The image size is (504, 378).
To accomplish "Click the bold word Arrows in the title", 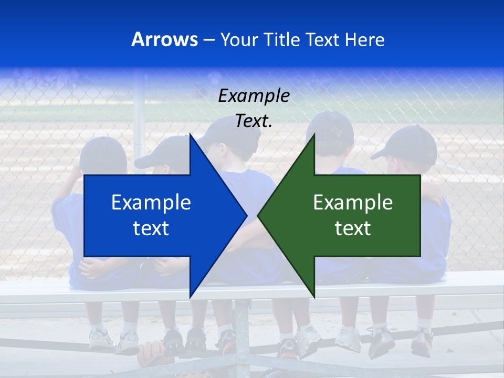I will pos(164,39).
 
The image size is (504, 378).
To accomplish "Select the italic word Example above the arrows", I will pos(254,96).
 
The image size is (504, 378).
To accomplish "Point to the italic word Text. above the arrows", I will pos(254,121).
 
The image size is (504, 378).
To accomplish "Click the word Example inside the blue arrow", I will pos(151,202).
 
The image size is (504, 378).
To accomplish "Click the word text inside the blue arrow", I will pos(151,228).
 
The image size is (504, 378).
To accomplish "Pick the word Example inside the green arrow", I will pos(353,202).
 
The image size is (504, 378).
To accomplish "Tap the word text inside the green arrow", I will pos(353,228).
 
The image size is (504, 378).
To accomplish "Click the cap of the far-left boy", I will pos(102,152).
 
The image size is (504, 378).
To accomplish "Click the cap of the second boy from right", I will pos(331,129).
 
